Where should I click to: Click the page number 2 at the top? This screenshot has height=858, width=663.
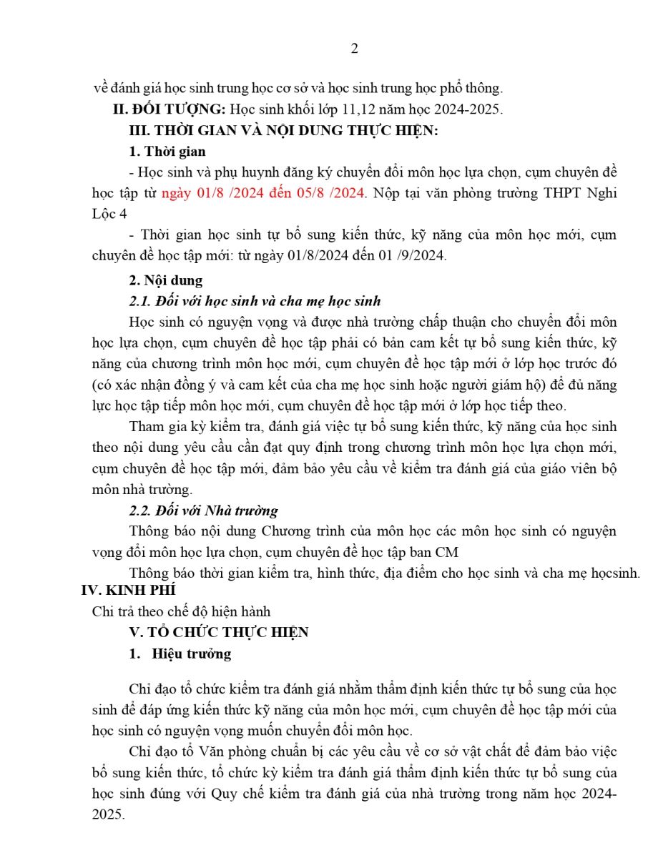pos(354,49)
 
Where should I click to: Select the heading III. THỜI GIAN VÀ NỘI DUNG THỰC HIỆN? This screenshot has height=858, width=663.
pos(283,130)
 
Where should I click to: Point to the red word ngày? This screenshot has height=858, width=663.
pos(176,193)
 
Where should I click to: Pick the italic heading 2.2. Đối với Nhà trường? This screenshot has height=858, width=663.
pos(203,511)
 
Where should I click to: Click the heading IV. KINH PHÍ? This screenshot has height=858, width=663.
pos(129,590)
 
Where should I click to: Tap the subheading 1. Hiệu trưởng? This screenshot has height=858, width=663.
pos(180,654)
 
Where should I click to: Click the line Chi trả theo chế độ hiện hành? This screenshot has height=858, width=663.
pos(181,611)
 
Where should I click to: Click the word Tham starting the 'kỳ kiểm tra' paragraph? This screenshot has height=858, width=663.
pos(146,427)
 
